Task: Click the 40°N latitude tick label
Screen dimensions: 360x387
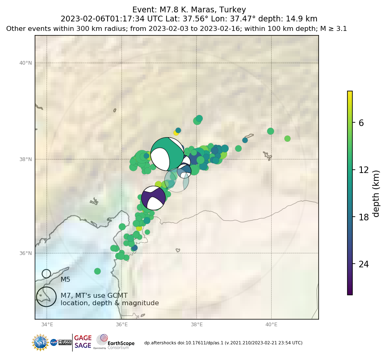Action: [x=25, y=63]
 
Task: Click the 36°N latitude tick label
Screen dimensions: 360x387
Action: [x=25, y=253]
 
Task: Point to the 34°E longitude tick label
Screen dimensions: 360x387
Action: [x=47, y=325]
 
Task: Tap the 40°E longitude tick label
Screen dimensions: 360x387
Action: [x=271, y=325]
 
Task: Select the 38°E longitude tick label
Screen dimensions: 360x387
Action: [x=197, y=325]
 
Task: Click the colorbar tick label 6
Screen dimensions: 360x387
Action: [x=361, y=123]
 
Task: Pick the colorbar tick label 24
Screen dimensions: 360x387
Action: [x=364, y=264]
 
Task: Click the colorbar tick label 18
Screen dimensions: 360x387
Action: [x=364, y=217]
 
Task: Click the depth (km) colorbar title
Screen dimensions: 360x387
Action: [x=376, y=193]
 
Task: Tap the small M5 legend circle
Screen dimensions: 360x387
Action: [x=46, y=274]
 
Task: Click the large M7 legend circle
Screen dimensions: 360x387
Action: [x=46, y=297]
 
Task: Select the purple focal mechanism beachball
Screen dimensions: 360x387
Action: [x=153, y=198]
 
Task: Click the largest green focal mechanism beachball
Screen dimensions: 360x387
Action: [x=167, y=154]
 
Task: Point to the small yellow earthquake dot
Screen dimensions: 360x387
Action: [x=176, y=133]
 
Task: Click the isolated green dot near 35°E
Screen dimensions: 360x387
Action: [x=97, y=271]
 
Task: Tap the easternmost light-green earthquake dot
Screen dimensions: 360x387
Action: [x=287, y=138]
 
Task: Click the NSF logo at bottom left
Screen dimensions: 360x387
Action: [x=40, y=342]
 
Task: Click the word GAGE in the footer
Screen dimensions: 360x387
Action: [x=83, y=338]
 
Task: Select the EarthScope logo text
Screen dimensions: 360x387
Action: [x=121, y=343]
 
